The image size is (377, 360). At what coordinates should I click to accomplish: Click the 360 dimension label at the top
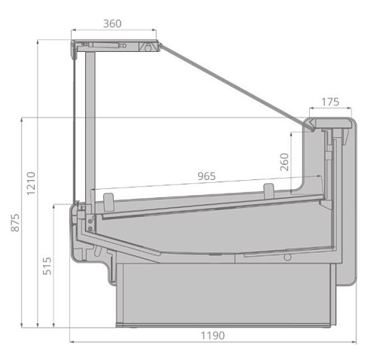112,23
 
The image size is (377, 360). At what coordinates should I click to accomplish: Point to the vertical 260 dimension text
284,163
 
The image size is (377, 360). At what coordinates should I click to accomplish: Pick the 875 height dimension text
15,223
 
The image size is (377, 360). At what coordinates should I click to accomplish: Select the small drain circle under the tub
287,257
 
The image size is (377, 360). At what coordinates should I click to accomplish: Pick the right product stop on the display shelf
269,188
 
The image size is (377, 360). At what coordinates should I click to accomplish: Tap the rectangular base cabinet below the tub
222,294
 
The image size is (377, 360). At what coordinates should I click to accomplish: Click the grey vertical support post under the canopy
91,121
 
